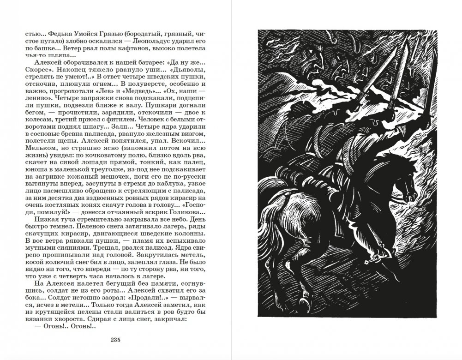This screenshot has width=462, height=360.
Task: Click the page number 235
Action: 115,341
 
